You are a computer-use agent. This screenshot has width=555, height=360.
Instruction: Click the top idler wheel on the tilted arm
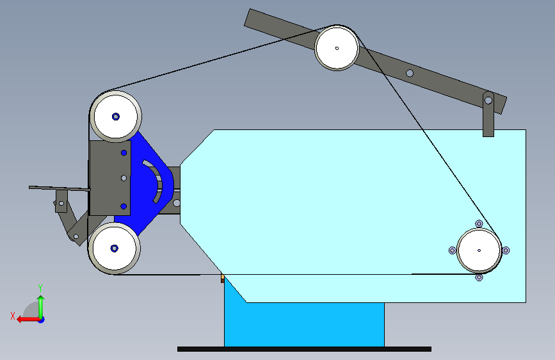337,48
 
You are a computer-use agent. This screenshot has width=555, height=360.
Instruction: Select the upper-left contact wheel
116,117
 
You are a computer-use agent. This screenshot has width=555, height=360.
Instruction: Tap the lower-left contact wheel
114,249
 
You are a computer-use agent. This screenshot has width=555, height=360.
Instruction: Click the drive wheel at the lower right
479,250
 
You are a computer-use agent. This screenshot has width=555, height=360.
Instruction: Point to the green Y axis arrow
41,307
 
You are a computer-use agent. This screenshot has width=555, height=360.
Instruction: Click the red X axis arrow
29,320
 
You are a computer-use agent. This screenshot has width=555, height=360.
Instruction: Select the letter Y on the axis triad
40,288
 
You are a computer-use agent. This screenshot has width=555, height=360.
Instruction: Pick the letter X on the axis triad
13,316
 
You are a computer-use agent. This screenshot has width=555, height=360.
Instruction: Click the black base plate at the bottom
304,349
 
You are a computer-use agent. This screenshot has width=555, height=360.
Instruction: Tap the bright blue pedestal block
304,324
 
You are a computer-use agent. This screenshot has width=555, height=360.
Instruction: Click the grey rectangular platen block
109,178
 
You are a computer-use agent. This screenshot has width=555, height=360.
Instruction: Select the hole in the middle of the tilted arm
410,74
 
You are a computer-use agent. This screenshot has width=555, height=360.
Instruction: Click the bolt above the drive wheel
479,224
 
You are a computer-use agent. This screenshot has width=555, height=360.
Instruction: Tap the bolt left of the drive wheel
453,250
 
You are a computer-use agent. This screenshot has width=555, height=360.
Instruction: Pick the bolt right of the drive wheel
506,250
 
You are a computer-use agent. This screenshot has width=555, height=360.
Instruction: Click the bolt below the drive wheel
479,277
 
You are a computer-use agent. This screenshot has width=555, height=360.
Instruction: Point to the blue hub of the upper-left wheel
116,117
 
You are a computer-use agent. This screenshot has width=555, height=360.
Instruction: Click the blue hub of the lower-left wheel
114,249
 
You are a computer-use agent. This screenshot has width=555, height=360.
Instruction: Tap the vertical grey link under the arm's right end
488,114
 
